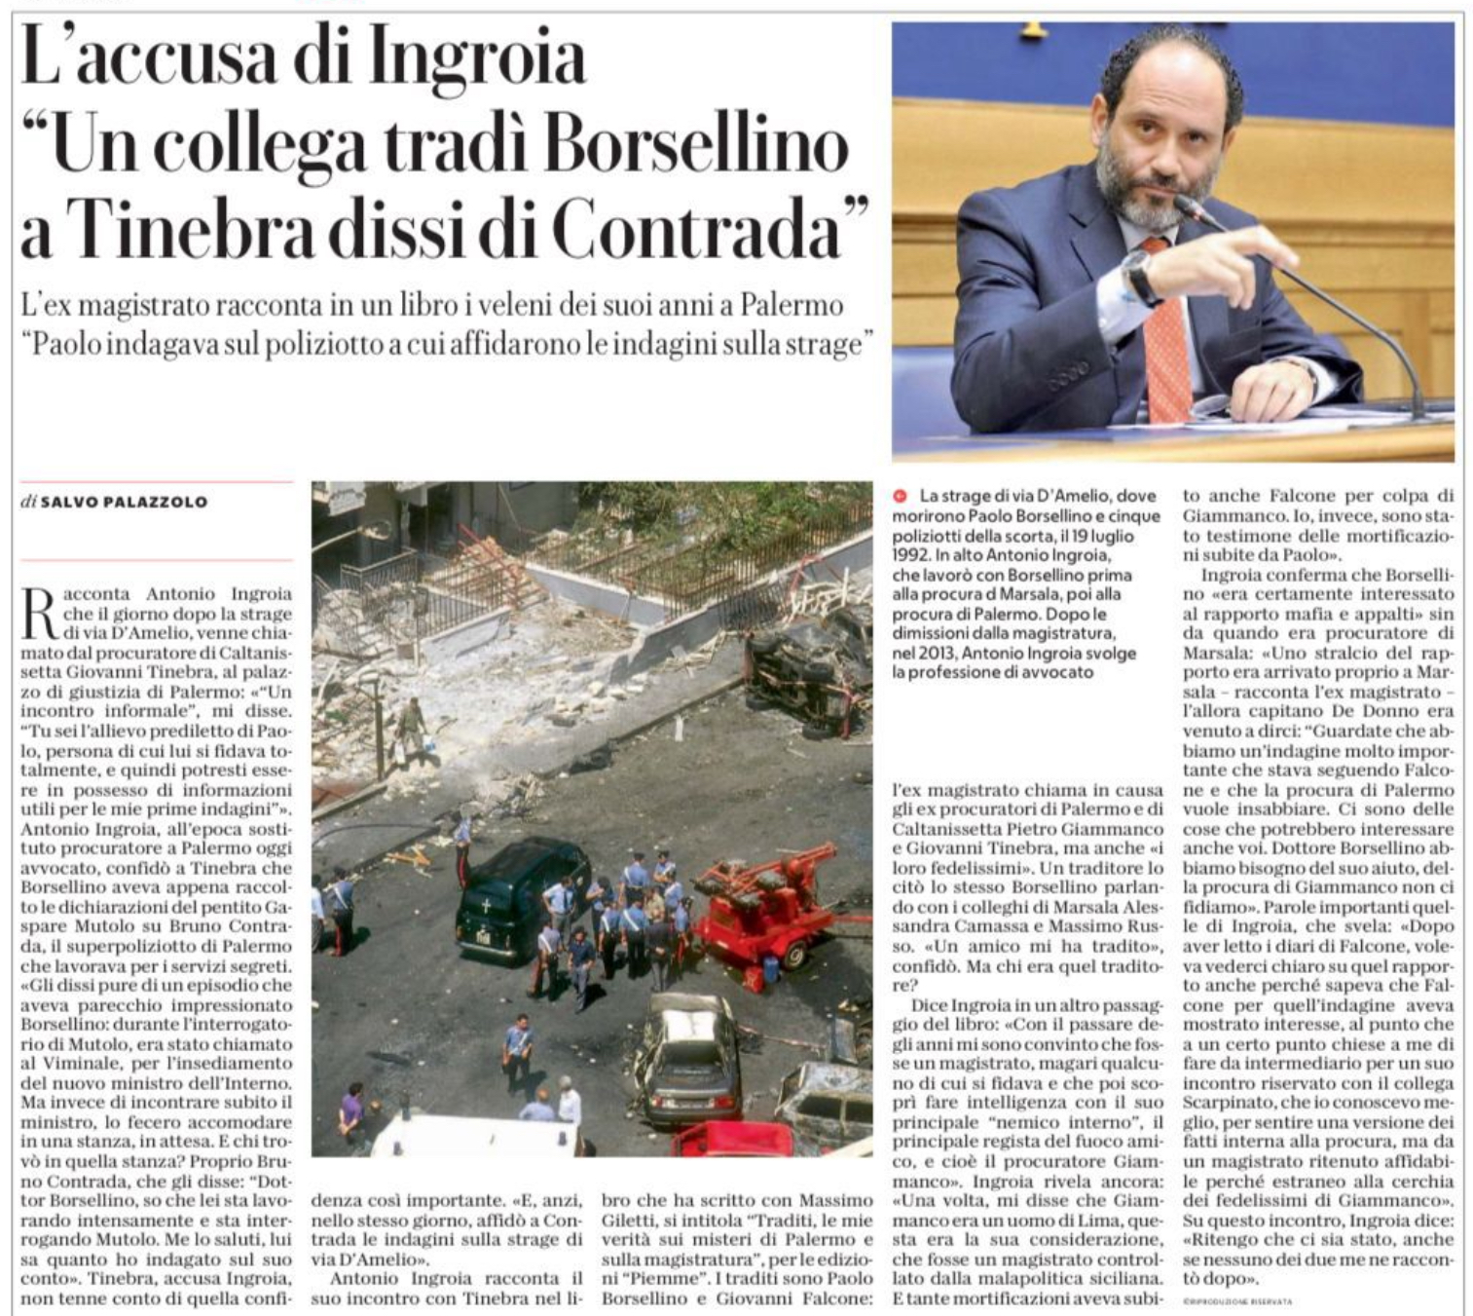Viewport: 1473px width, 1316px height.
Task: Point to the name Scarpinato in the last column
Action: [x=1226, y=1103]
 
